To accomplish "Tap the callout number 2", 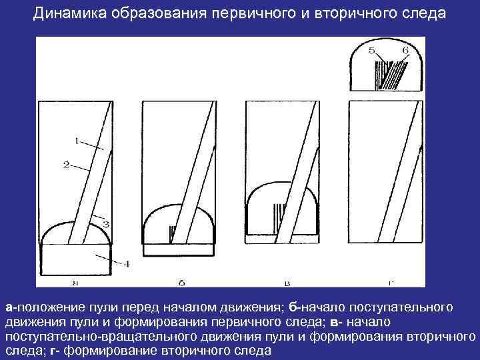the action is click(67, 164).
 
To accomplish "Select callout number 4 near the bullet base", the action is click(126, 265).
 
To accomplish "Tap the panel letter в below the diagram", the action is click(287, 283).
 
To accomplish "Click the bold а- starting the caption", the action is click(11, 307).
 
